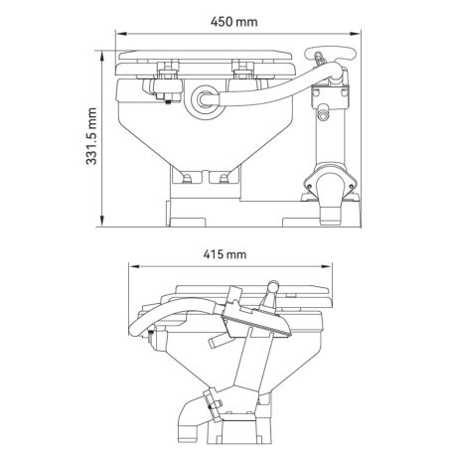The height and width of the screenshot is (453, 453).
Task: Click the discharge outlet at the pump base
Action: point(330,194)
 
